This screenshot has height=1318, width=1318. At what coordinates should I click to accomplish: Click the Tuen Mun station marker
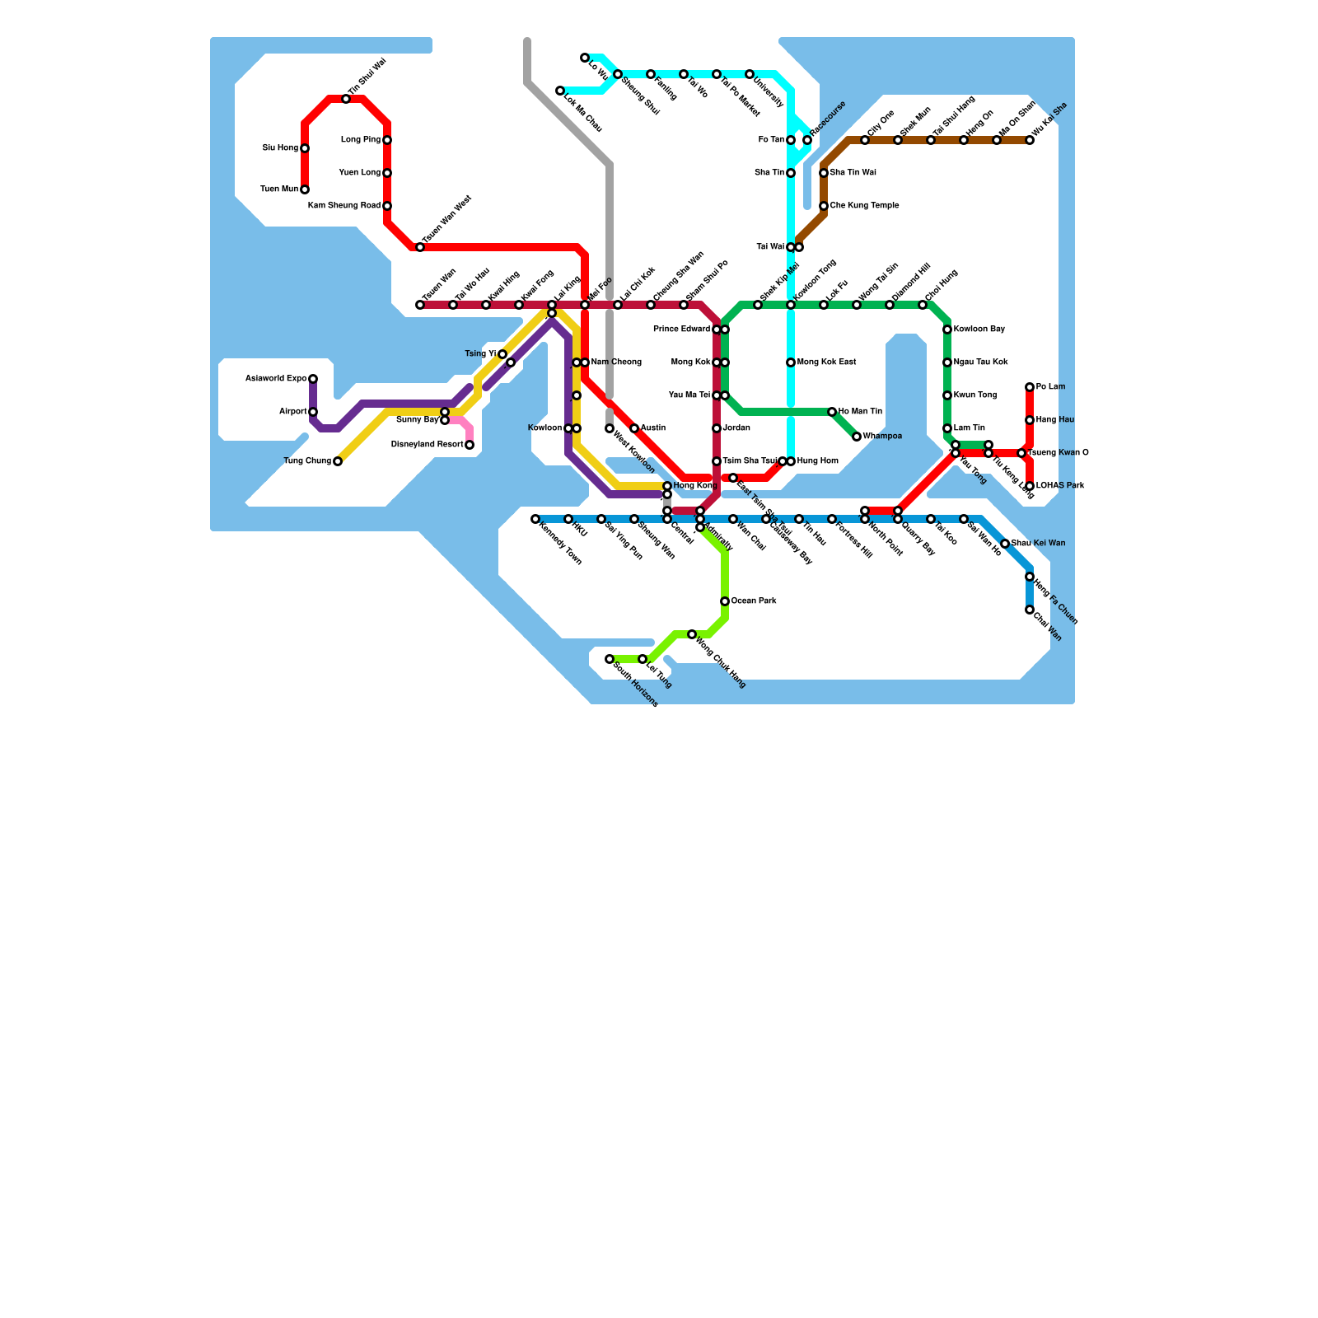point(305,189)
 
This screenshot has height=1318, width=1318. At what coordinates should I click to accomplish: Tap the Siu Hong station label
point(280,148)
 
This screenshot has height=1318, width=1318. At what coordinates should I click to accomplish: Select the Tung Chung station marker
point(338,461)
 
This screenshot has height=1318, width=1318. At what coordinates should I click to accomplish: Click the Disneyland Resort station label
point(427,445)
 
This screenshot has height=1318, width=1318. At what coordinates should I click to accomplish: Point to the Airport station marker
point(313,412)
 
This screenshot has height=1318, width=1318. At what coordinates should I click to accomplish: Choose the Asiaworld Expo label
point(276,379)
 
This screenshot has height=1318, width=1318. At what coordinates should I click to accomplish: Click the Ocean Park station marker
point(725,601)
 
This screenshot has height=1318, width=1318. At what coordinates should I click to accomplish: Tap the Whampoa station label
point(882,437)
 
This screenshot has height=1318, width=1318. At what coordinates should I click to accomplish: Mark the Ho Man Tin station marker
point(832,412)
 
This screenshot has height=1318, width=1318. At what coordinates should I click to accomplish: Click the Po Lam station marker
point(1030,387)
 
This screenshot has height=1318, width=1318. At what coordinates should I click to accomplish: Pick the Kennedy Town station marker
point(535,519)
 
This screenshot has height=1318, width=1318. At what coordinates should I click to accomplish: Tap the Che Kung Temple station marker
point(824,206)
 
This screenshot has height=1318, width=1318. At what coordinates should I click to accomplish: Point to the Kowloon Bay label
point(979,329)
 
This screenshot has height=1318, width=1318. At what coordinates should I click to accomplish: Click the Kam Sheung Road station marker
point(387,206)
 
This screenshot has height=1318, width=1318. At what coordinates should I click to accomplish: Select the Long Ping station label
point(361,140)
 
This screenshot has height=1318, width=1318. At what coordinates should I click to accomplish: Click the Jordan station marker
point(717,428)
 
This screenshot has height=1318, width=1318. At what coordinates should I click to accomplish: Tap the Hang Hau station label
point(1055,420)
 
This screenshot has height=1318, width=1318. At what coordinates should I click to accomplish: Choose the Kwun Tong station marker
point(947,395)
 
